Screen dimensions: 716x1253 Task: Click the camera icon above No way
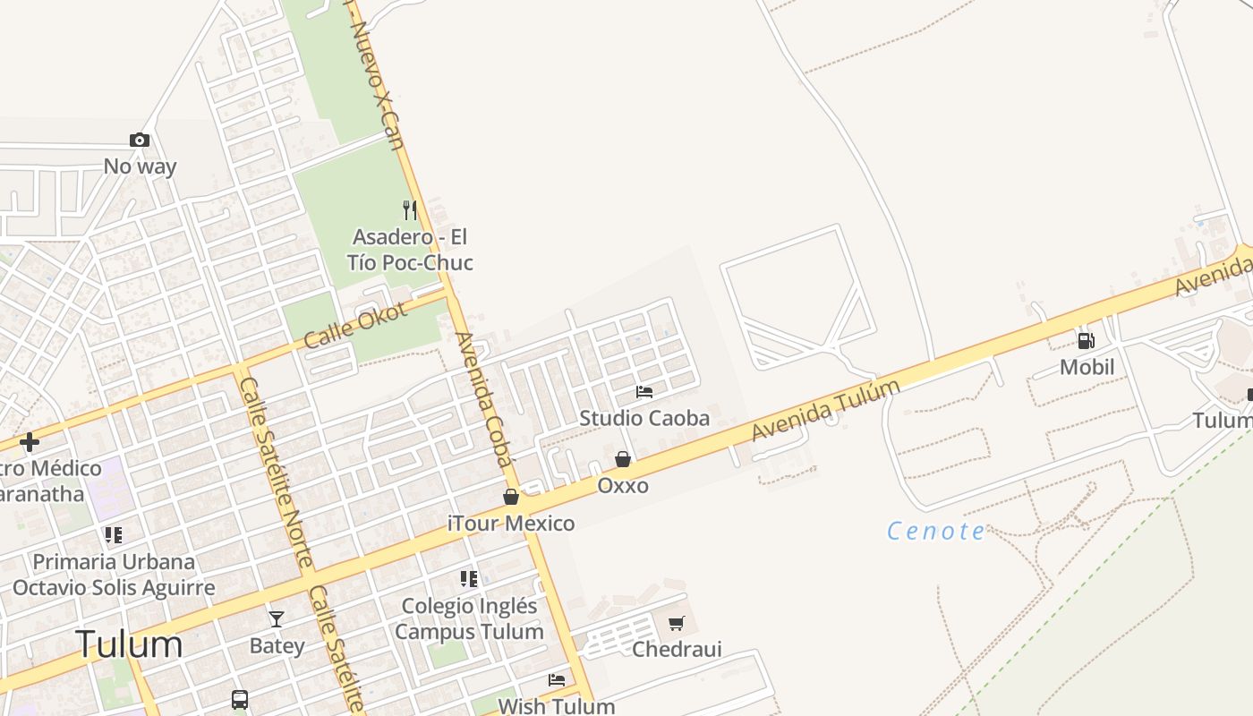pyautogui.click(x=139, y=140)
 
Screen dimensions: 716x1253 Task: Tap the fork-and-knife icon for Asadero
pyautogui.click(x=410, y=210)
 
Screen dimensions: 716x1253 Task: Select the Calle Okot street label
pyautogui.click(x=354, y=324)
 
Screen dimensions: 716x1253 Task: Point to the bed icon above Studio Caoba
pyautogui.click(x=644, y=392)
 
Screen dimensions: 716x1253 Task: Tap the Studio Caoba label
pyautogui.click(x=644, y=418)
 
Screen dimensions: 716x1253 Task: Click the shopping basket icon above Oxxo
pyautogui.click(x=623, y=459)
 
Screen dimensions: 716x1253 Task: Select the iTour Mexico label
pyautogui.click(x=511, y=523)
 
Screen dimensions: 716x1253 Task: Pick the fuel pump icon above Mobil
pyautogui.click(x=1086, y=340)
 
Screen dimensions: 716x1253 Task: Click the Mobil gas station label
pyautogui.click(x=1087, y=367)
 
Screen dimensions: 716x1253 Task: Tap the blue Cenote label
pyautogui.click(x=936, y=532)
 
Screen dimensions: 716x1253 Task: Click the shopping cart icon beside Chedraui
pyautogui.click(x=677, y=623)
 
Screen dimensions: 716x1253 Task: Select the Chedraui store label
pyautogui.click(x=677, y=649)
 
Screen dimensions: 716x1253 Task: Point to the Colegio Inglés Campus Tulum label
pyautogui.click(x=469, y=618)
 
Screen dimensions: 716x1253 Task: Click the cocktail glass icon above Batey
pyautogui.click(x=277, y=619)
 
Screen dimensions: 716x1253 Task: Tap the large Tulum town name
pyautogui.click(x=129, y=644)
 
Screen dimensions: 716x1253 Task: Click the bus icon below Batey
pyautogui.click(x=240, y=699)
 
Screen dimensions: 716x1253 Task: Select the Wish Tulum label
pyautogui.click(x=557, y=705)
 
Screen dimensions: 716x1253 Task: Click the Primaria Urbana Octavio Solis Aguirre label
pyautogui.click(x=114, y=575)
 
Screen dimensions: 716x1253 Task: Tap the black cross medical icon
pyautogui.click(x=30, y=442)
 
